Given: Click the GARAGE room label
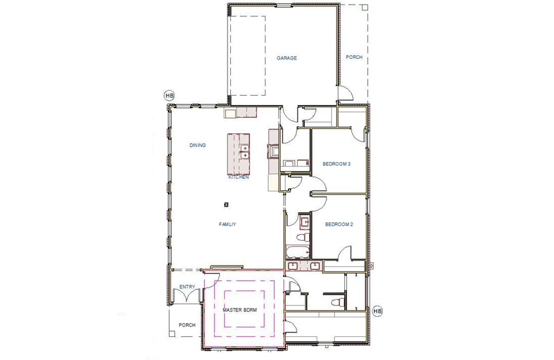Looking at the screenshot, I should coord(287,58).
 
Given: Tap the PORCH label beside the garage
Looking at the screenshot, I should coord(354,57).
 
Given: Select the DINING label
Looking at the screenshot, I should coord(198,146).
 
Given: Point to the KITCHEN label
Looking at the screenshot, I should coord(238,177).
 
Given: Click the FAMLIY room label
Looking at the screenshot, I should coord(227,224).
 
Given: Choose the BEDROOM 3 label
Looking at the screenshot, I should coord(337,164).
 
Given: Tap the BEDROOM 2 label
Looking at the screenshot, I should coord(339,224).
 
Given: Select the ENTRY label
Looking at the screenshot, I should coord(187,287).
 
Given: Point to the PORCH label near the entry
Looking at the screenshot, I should coord(188,325).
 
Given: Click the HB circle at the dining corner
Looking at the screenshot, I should coord(169,96).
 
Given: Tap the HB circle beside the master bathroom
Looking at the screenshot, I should coord(377,310).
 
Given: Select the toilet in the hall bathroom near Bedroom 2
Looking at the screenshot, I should coord(303,236).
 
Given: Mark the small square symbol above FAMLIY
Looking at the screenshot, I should coord(226,204).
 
